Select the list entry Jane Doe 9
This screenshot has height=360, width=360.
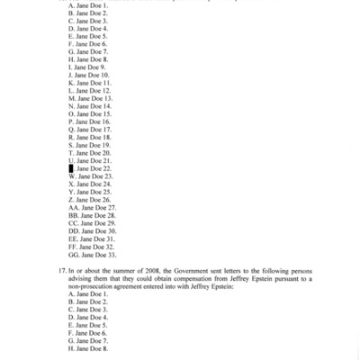(x=88, y=67)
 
